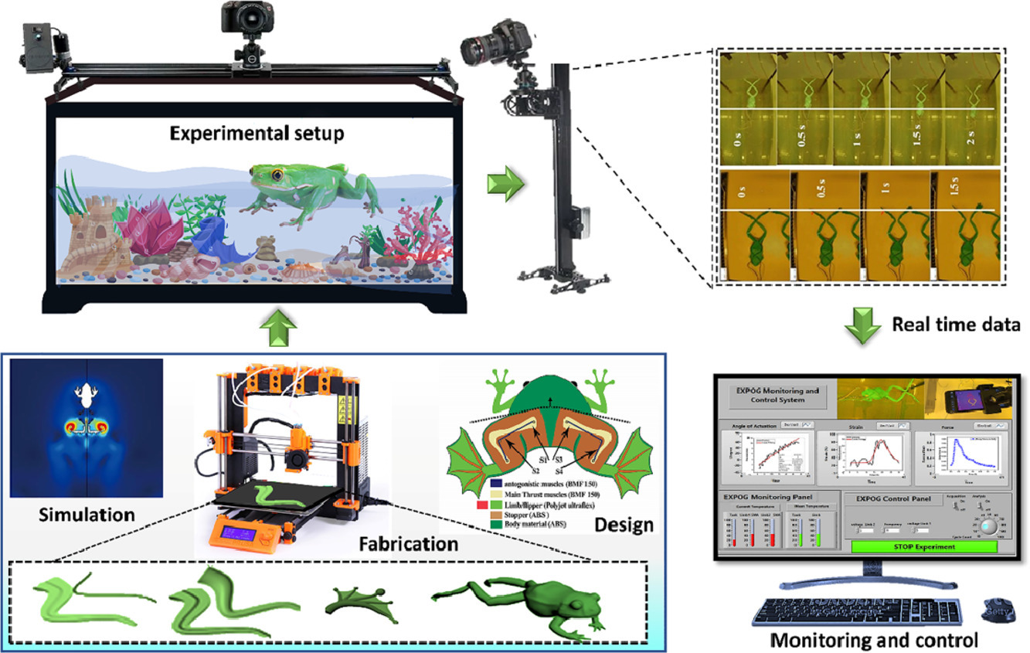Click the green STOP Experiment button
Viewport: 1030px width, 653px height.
924,546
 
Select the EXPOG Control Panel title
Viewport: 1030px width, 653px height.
889,499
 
